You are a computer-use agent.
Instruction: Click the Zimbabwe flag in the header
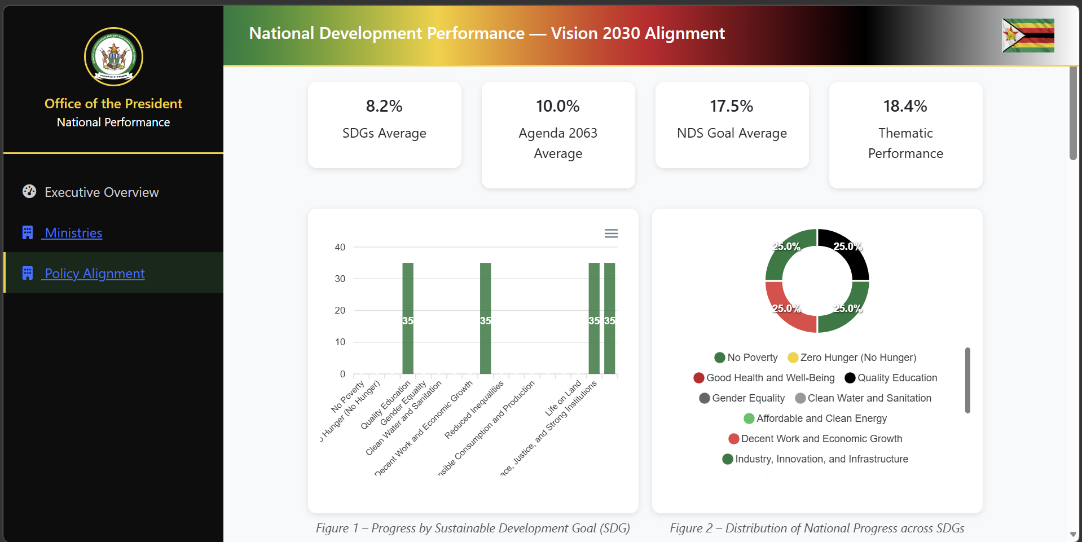1027,36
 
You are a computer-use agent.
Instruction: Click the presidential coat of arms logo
113,56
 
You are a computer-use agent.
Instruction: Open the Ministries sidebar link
73,233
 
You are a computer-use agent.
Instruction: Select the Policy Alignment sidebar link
94,274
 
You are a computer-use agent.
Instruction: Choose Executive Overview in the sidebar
102,192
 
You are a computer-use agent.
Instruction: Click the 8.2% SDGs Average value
384,106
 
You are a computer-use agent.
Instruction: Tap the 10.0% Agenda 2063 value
557,106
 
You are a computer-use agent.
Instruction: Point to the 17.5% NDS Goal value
731,106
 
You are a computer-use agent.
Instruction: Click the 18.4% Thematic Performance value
905,106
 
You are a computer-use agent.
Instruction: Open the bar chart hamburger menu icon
611,233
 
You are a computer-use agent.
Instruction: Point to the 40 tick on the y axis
340,247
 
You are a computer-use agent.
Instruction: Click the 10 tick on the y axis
340,342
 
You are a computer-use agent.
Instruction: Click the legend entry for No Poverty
746,358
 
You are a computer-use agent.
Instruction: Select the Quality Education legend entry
891,378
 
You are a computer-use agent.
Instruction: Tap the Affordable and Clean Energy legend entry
816,418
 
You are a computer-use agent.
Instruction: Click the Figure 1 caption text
473,528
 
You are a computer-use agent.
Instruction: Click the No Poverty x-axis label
348,396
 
